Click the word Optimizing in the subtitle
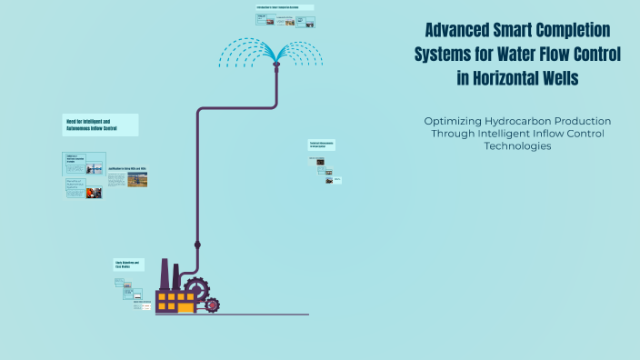click(x=454, y=121)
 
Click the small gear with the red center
click(x=212, y=305)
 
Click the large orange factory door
click(x=185, y=306)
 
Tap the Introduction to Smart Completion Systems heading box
click(x=285, y=7)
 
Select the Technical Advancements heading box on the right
click(x=322, y=145)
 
